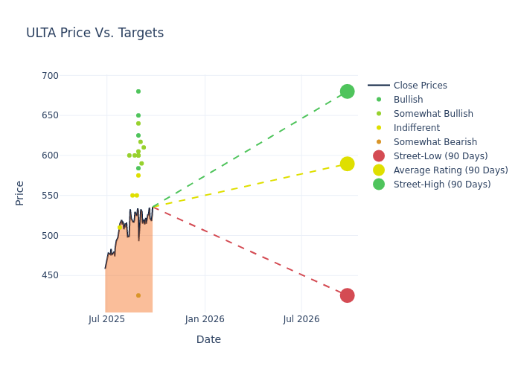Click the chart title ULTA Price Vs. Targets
[95, 33]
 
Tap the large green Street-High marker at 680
[347, 92]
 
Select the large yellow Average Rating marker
[347, 164]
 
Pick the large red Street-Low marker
[347, 295]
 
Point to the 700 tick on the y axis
[50, 76]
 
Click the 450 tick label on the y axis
[50, 275]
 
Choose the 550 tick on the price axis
[50, 196]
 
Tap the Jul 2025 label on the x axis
[106, 319]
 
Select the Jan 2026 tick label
[205, 319]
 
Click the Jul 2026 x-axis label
[301, 319]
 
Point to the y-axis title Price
[20, 193]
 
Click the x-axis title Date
[208, 339]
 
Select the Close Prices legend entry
[420, 86]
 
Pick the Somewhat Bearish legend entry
[435, 142]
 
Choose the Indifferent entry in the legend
[416, 128]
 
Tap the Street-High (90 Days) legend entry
[441, 185]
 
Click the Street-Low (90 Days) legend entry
[440, 156]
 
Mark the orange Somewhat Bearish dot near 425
[138, 295]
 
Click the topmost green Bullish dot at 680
[138, 92]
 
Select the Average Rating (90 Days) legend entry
[450, 170]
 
